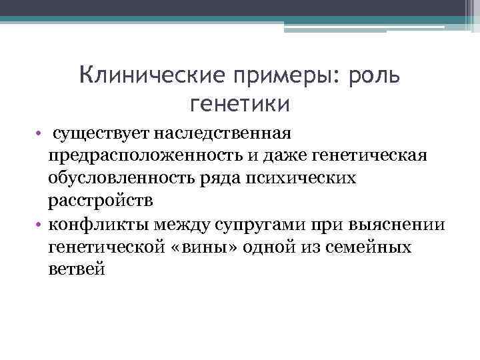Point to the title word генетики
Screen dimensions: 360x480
pos(240,104)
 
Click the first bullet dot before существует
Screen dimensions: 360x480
pos(41,134)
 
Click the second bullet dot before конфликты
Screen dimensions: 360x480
pos(41,225)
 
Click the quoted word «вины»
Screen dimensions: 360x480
pos(210,247)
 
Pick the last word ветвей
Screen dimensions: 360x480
pos(76,270)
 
